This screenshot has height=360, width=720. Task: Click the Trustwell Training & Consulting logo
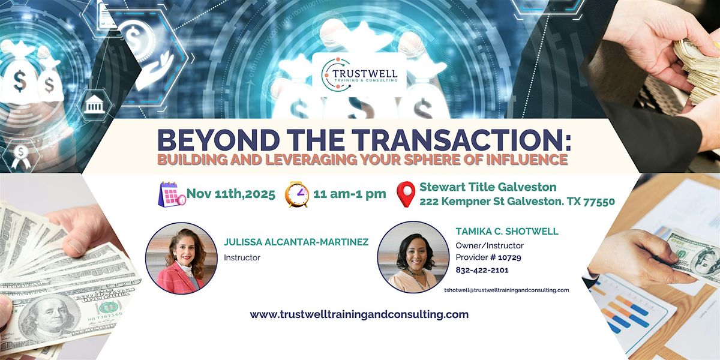click(x=359, y=75)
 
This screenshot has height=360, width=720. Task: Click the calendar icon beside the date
click(x=172, y=194)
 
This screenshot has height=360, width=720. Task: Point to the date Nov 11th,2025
click(x=231, y=194)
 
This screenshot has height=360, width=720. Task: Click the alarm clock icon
click(x=297, y=194)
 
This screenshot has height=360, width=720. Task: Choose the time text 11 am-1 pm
click(x=350, y=194)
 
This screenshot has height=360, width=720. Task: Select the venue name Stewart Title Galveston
click(x=488, y=187)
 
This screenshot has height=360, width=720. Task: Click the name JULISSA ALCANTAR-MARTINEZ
click(x=296, y=242)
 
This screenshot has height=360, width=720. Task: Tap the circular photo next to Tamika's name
click(x=413, y=257)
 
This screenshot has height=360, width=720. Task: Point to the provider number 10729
click(x=509, y=257)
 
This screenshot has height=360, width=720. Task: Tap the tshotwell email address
click(x=506, y=290)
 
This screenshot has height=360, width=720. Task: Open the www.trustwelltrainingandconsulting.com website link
click(x=359, y=314)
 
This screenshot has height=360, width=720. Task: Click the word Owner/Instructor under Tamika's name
click(x=490, y=245)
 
